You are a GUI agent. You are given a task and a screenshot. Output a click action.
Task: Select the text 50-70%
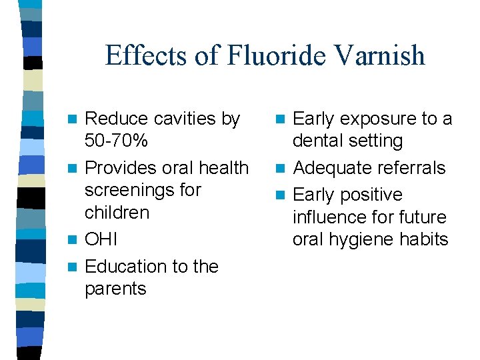pyautogui.click(x=117, y=141)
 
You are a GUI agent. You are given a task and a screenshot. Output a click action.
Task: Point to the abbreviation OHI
pyautogui.click(x=101, y=239)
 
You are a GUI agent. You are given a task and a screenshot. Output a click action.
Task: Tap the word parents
pyautogui.click(x=115, y=289)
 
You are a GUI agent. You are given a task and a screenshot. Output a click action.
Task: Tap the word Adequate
pyautogui.click(x=327, y=168)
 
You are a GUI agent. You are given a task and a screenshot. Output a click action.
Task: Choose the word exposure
pyautogui.click(x=378, y=119)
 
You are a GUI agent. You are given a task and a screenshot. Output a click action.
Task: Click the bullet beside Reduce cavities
pyautogui.click(x=76, y=119)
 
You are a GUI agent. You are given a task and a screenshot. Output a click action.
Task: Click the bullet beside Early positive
pyautogui.click(x=282, y=195)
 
